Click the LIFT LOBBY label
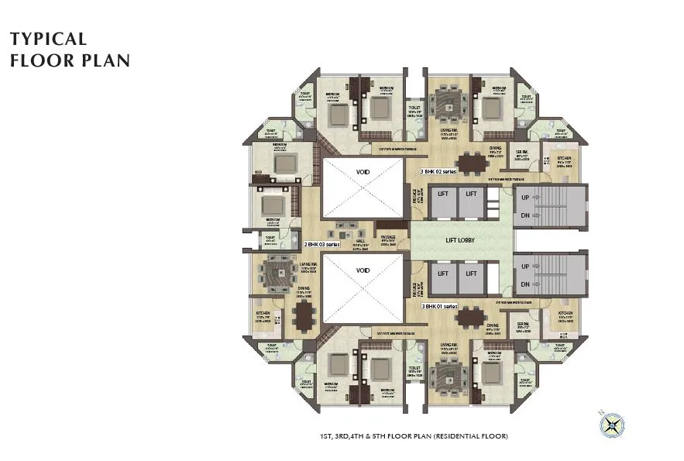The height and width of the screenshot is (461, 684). [459, 240]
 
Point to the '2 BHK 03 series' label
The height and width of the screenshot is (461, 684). [321, 244]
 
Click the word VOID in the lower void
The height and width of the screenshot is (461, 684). [362, 270]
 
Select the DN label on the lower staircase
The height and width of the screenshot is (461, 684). [525, 285]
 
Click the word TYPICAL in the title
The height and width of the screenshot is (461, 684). [48, 39]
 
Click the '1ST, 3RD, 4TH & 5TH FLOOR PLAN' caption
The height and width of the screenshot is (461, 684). [414, 436]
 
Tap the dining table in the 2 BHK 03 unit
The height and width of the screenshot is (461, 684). [304, 315]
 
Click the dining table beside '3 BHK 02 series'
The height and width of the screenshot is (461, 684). [470, 164]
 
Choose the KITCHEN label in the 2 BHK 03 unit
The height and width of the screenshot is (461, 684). [263, 314]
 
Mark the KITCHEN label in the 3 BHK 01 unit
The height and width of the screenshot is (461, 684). [565, 314]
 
